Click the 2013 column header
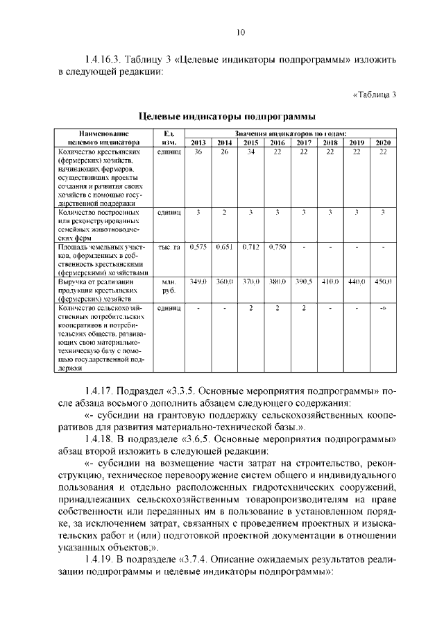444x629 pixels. point(198,142)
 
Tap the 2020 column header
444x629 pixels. point(383,142)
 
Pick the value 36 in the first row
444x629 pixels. point(198,151)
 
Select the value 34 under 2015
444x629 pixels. point(251,151)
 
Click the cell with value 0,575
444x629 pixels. point(198,247)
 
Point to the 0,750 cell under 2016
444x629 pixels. point(277,247)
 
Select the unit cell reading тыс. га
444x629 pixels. point(169,247)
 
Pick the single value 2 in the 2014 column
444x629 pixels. point(224,212)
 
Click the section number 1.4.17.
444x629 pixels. point(101,389)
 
